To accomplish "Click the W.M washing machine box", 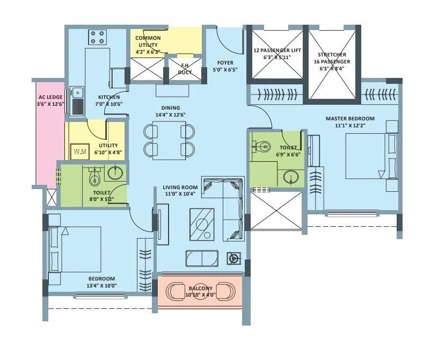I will (x=79, y=152).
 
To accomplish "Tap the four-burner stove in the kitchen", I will (x=97, y=37).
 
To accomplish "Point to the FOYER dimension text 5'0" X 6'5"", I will (x=225, y=70).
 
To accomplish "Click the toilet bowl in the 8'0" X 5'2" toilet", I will (x=95, y=177).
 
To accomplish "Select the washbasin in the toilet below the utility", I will (x=115, y=172).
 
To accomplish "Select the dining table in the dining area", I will (x=169, y=140).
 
